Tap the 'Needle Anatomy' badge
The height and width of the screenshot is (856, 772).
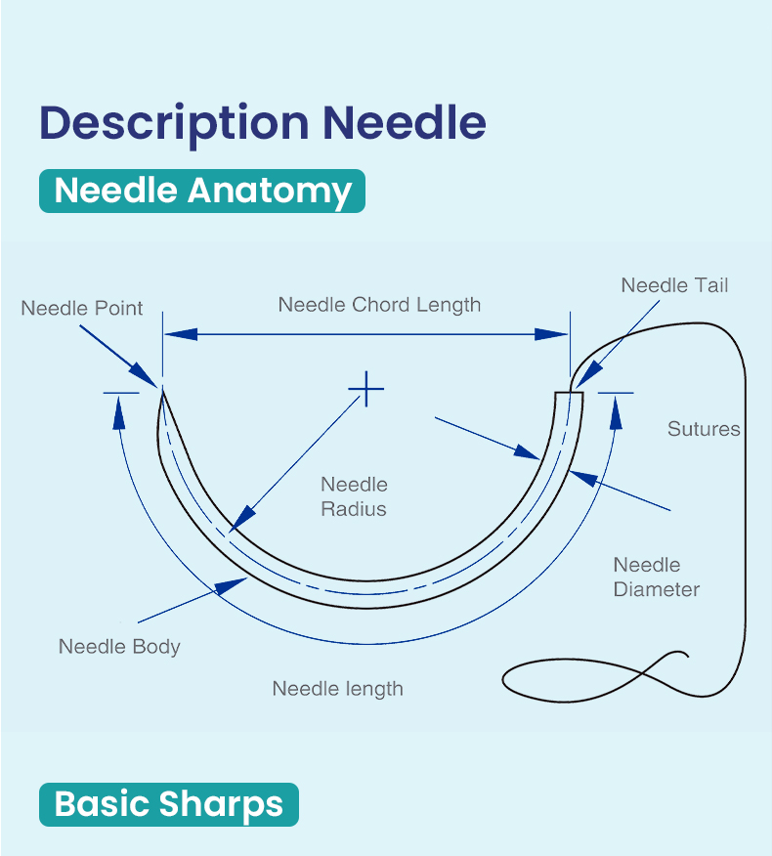point(202,192)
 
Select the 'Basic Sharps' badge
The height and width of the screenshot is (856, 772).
point(169,804)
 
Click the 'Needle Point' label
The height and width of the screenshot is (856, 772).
point(82,309)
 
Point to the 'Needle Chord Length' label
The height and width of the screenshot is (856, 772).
point(379,305)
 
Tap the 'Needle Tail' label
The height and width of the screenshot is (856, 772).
point(674,285)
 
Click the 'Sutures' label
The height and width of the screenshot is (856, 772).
point(704,429)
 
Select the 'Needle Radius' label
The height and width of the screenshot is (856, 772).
point(354,496)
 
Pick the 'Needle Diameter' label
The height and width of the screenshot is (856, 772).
point(657,578)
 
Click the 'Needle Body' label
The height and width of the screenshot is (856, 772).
point(119,647)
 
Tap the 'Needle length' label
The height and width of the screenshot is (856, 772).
point(337,689)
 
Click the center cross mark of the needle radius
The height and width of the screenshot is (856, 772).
point(366,389)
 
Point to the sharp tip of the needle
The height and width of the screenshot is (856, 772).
point(162,389)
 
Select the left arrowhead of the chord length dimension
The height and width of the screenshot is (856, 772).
point(181,334)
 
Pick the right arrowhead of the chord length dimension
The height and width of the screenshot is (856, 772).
point(551,334)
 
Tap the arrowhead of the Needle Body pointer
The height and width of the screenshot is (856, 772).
point(231,585)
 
